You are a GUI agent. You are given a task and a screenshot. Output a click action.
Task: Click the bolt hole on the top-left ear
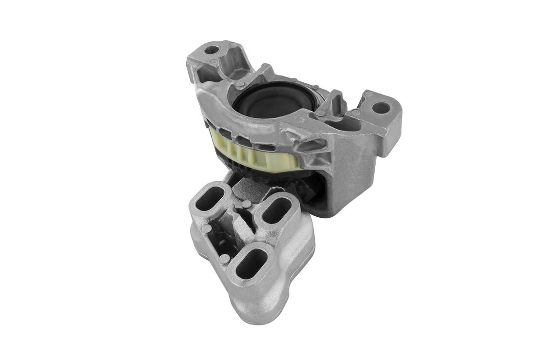pyautogui.click(x=212, y=49)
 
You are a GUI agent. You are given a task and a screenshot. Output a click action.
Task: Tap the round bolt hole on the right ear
pyautogui.click(x=381, y=108)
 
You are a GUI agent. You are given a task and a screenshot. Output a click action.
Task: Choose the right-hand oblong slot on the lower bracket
pyautogui.click(x=278, y=210)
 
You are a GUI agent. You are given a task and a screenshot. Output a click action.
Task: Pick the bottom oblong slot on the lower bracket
pyautogui.click(x=251, y=264)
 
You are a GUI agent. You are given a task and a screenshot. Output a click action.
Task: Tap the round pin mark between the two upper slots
pyautogui.click(x=247, y=204)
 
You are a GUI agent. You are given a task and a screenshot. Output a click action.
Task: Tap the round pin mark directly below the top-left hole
pyautogui.click(x=213, y=62)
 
